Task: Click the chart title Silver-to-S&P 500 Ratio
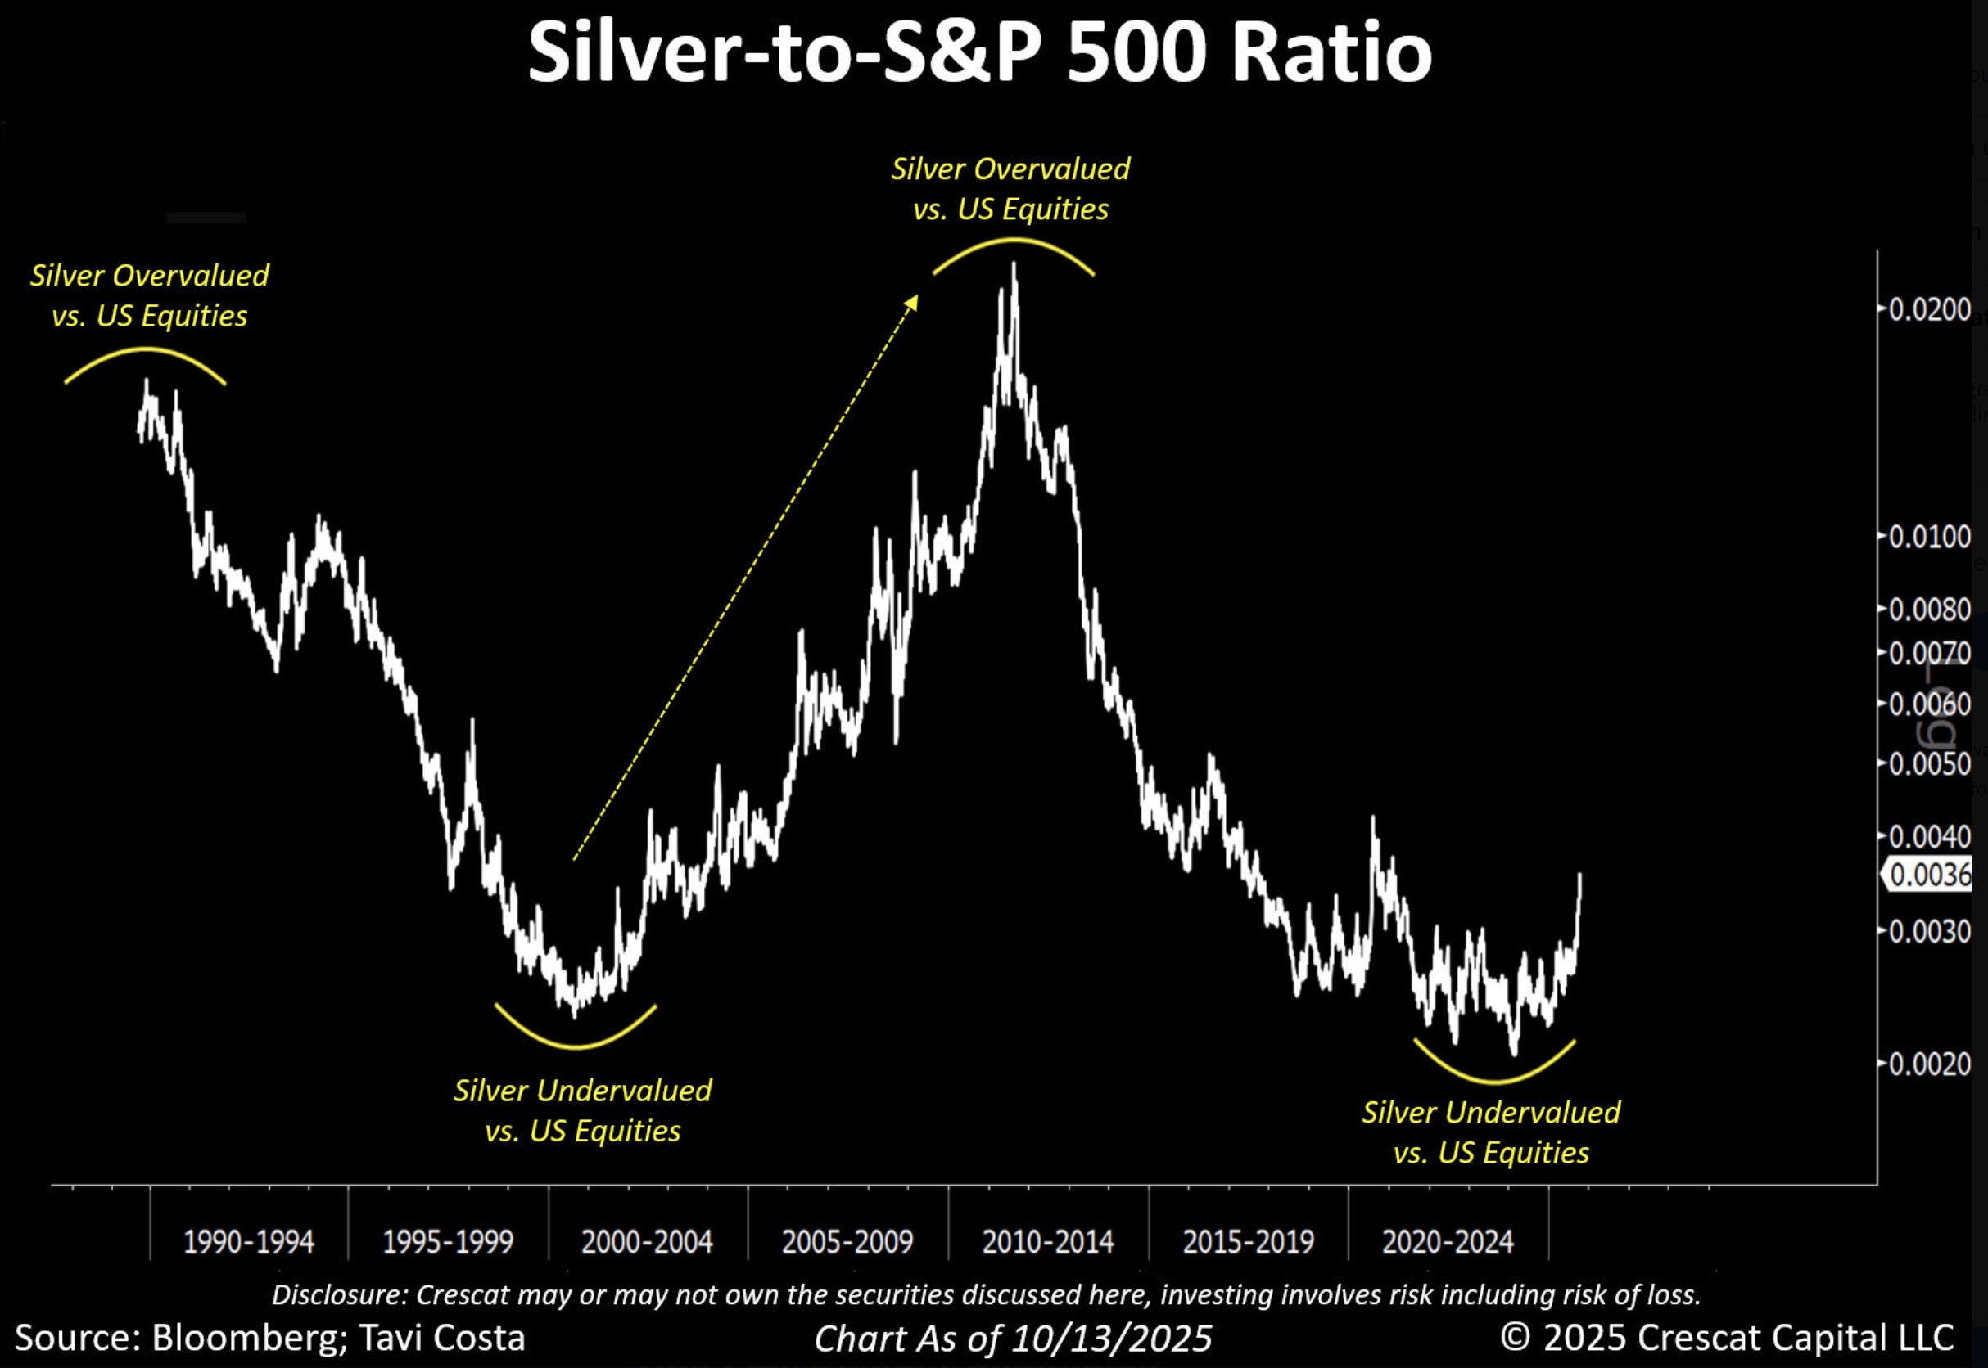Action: (x=979, y=53)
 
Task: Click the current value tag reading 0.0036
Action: (x=1930, y=875)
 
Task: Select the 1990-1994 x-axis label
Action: (x=249, y=1242)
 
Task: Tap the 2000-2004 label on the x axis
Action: (x=647, y=1242)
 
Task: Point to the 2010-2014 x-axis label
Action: (x=1047, y=1242)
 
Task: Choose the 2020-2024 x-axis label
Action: (x=1448, y=1242)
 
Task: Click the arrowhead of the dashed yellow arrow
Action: (x=914, y=301)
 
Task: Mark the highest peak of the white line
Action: (x=1014, y=265)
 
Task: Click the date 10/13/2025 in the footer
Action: (x=1112, y=1338)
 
